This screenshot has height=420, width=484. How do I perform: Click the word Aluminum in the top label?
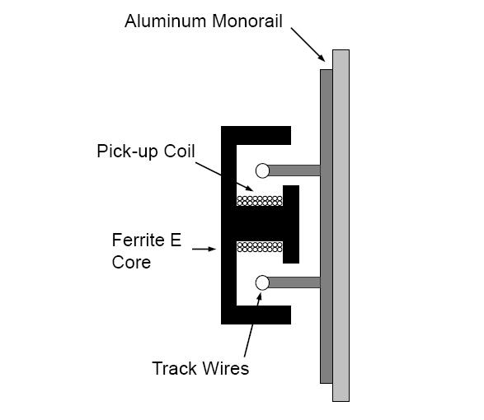pyautogui.click(x=165, y=21)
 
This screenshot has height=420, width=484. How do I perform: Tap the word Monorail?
pyautogui.click(x=247, y=21)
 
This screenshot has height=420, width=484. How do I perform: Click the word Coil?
pyautogui.click(x=179, y=151)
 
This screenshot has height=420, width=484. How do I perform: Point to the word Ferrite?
pyautogui.click(x=139, y=240)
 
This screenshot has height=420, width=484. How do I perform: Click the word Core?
pyautogui.click(x=131, y=263)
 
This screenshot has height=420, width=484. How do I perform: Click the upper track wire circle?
pyautogui.click(x=263, y=170)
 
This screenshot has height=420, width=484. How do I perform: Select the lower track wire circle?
pyautogui.click(x=263, y=282)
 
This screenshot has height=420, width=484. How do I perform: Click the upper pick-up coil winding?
pyautogui.click(x=260, y=201)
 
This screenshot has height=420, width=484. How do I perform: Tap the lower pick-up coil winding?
pyautogui.click(x=260, y=247)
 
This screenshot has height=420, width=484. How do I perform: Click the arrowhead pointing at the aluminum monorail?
pyautogui.click(x=322, y=58)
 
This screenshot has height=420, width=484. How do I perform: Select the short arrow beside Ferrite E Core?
pyautogui.click(x=204, y=249)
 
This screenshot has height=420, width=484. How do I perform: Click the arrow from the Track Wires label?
pyautogui.click(x=253, y=324)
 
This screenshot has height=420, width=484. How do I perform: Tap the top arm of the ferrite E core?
pyautogui.click(x=256, y=135)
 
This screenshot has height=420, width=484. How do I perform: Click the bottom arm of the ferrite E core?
pyautogui.click(x=256, y=315)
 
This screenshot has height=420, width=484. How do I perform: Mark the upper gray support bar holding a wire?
pyautogui.click(x=295, y=170)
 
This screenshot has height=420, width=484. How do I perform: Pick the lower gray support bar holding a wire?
pyautogui.click(x=295, y=282)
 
